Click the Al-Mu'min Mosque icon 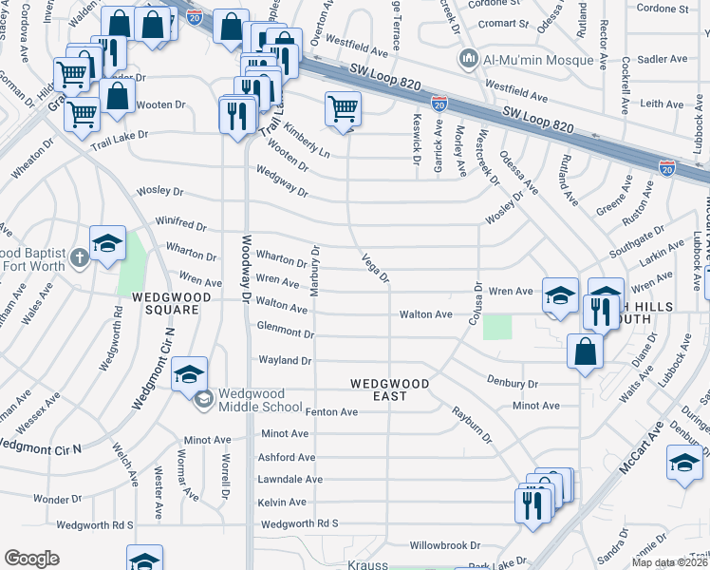click(467, 61)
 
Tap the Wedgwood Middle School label click(257, 395)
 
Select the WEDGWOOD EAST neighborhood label click(389, 384)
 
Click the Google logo click(31, 558)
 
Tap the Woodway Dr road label click(246, 270)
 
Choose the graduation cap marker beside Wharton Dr click(107, 244)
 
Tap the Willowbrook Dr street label click(445, 546)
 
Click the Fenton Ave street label click(330, 412)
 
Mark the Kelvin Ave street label click(283, 502)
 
